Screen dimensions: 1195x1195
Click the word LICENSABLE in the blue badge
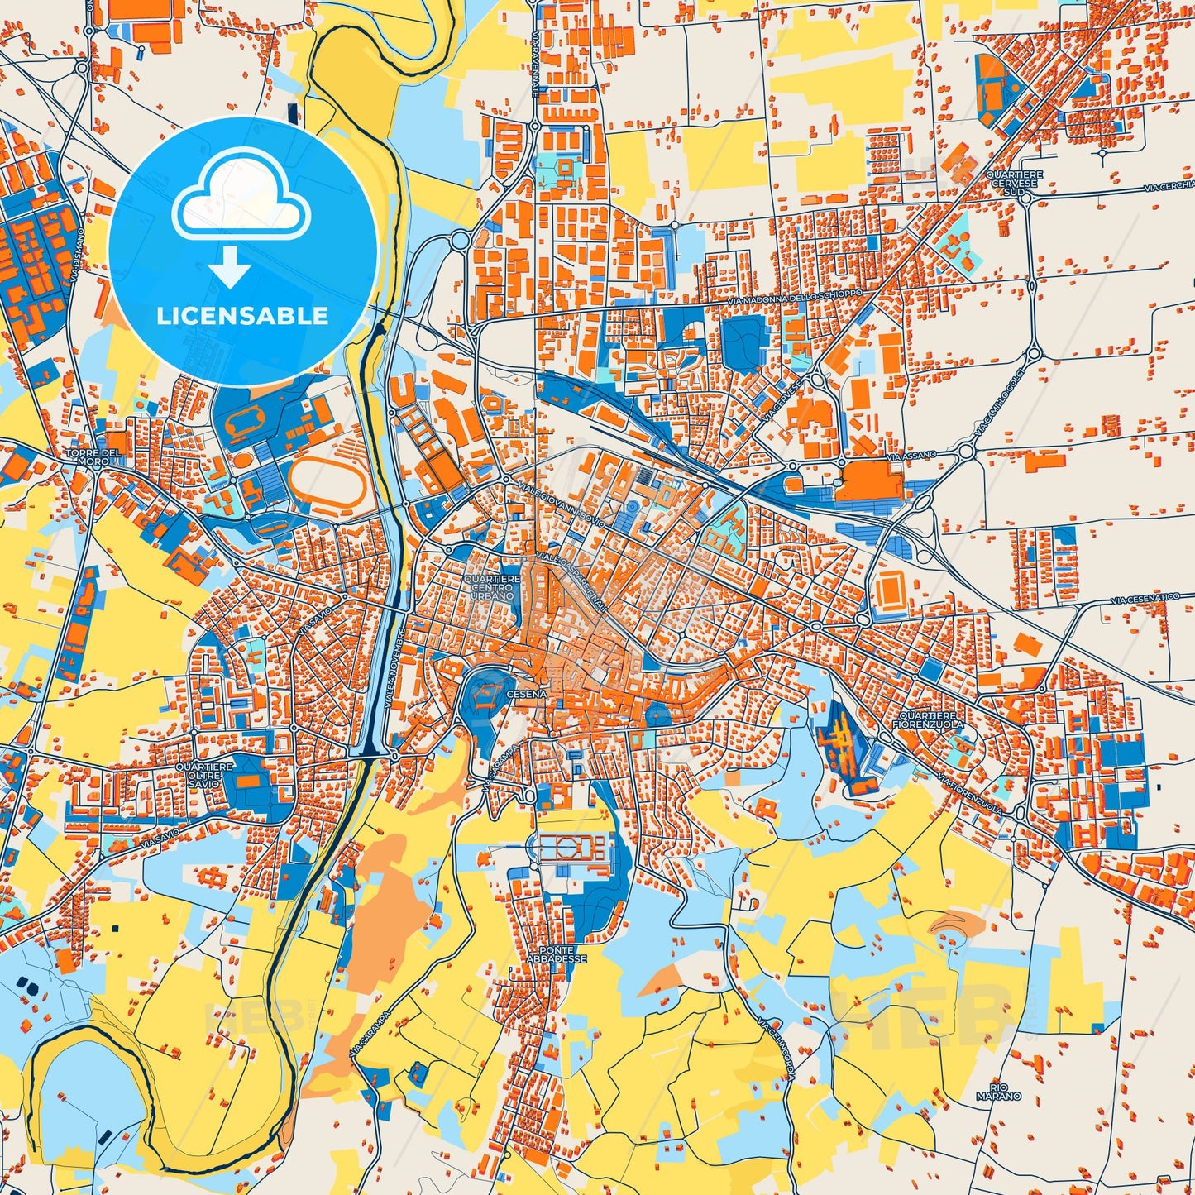click(x=242, y=316)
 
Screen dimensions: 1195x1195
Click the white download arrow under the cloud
click(x=231, y=268)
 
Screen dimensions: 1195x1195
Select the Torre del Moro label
click(x=94, y=456)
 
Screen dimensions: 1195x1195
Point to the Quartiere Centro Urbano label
click(x=492, y=588)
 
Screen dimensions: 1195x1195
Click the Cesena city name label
click(x=527, y=694)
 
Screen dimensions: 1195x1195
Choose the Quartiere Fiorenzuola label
click(x=928, y=719)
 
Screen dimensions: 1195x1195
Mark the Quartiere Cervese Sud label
click(x=1014, y=184)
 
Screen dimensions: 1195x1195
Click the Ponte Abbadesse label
click(x=555, y=954)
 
